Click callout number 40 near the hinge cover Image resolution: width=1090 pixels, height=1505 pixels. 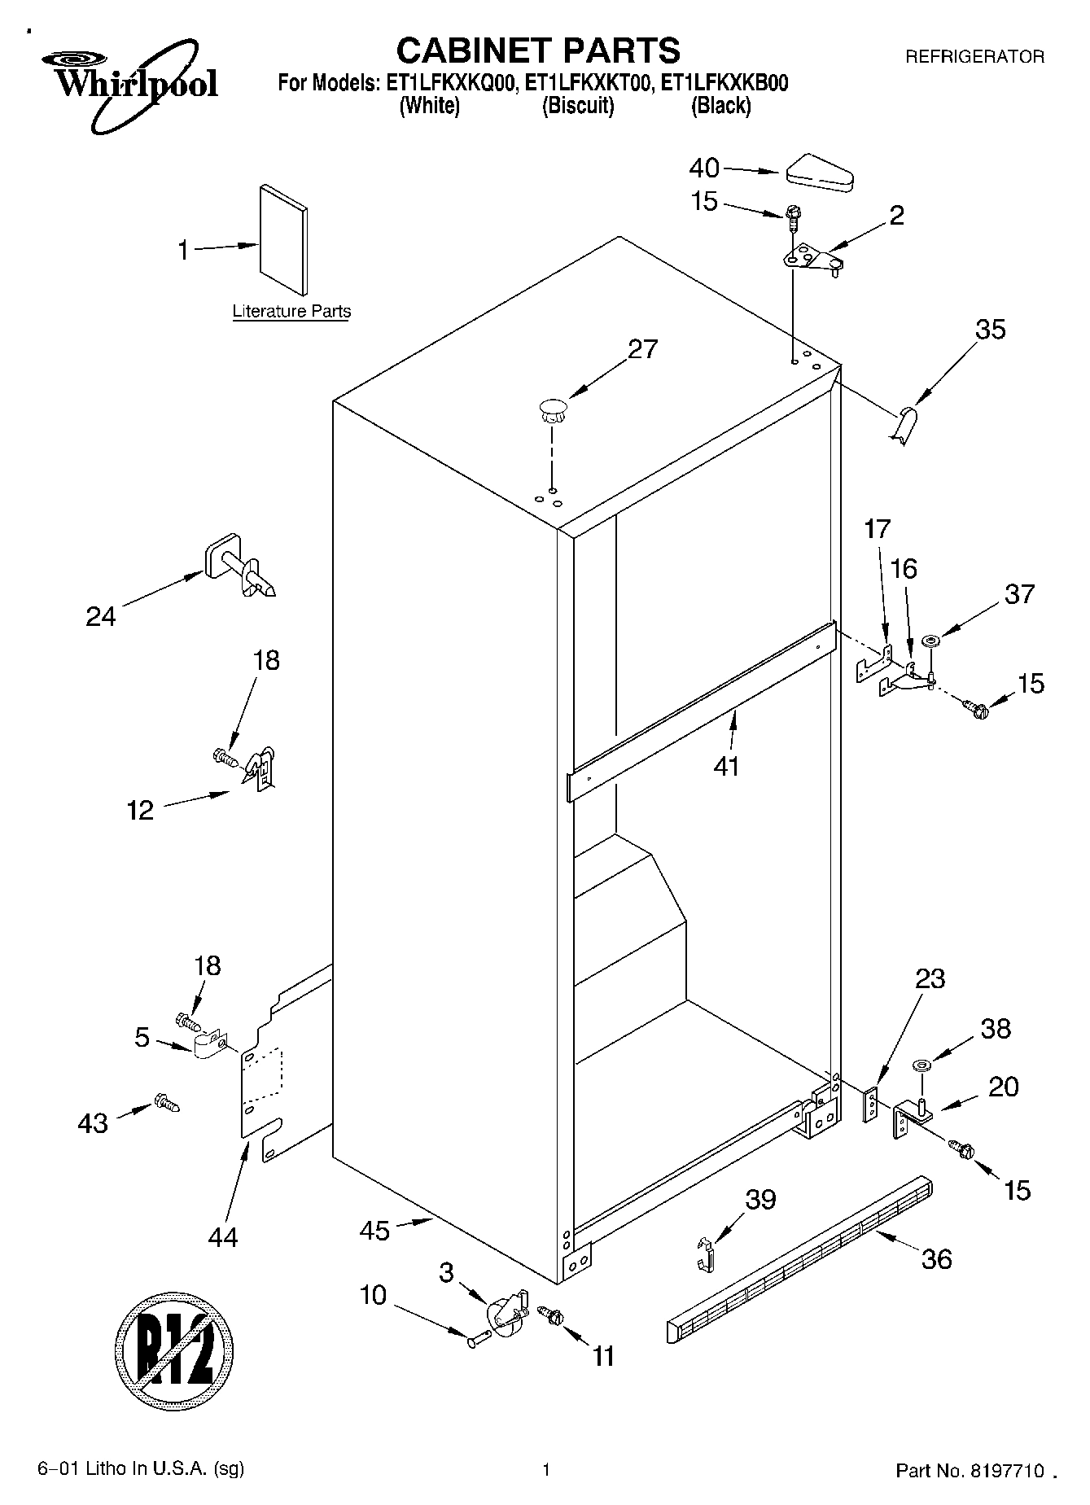(x=704, y=168)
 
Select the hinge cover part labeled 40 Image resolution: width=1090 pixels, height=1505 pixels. (x=818, y=173)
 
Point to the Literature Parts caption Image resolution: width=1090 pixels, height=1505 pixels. (x=291, y=311)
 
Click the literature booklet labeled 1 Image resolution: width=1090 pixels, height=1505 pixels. (x=284, y=241)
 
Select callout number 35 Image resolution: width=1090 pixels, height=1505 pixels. (x=990, y=330)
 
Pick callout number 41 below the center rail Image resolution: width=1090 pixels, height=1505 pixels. (x=725, y=765)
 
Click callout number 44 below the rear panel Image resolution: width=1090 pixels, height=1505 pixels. (x=222, y=1237)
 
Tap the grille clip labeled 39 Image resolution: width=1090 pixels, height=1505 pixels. (x=707, y=1252)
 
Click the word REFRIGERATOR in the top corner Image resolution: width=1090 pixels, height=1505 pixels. (x=974, y=57)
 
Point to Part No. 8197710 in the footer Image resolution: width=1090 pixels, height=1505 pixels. (x=970, y=1470)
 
